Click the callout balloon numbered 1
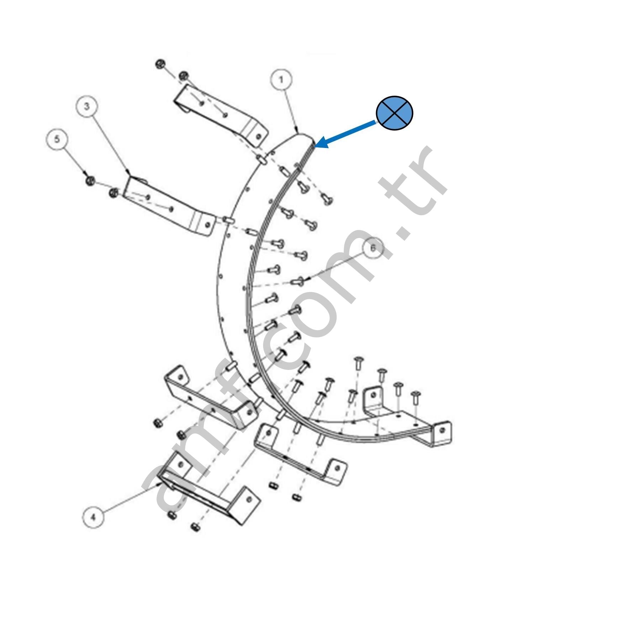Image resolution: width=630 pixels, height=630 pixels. pos(281,80)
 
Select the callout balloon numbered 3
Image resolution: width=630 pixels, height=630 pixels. pos(87,106)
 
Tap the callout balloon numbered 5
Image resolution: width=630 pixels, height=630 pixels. pos(57,139)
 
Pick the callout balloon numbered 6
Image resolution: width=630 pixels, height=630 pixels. pos(373,248)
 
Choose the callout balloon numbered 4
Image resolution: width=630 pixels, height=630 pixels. pos(93,517)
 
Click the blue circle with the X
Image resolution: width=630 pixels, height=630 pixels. pos(395,112)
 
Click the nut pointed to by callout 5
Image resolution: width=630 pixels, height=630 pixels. pos(90,180)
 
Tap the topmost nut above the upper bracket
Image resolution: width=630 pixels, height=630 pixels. pos(160,64)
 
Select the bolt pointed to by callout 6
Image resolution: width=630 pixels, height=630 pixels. pos(297,281)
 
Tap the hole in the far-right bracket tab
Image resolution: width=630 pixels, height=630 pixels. pos(442,430)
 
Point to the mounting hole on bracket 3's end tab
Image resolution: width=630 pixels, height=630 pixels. pos(208,224)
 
